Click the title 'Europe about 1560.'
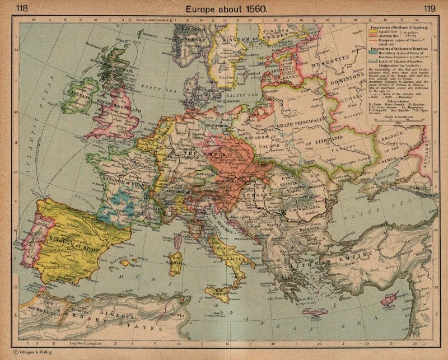[x=223, y=8]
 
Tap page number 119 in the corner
[x=430, y=8]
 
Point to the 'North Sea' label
[x=153, y=87]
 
